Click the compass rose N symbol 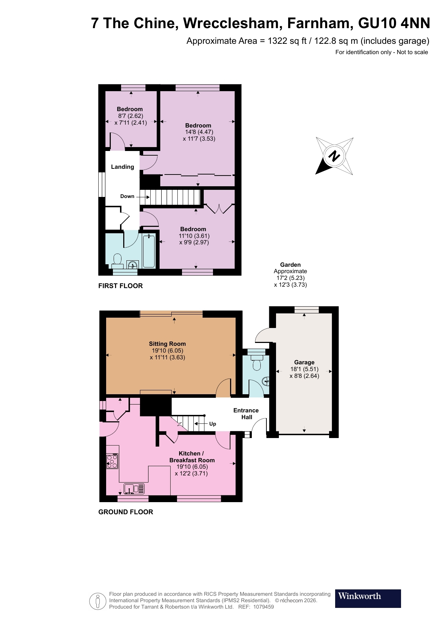point(334,156)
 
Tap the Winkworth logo point(368,598)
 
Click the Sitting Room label point(167,344)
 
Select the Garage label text point(304,362)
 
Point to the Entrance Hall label point(246,414)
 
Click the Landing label point(123,167)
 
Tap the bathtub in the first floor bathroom point(149,251)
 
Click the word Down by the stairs point(127,196)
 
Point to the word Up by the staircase point(213,424)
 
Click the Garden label point(290,265)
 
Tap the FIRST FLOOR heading point(120,286)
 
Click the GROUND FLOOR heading point(126,512)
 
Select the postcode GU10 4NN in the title point(394,24)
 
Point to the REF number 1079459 point(264,607)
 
